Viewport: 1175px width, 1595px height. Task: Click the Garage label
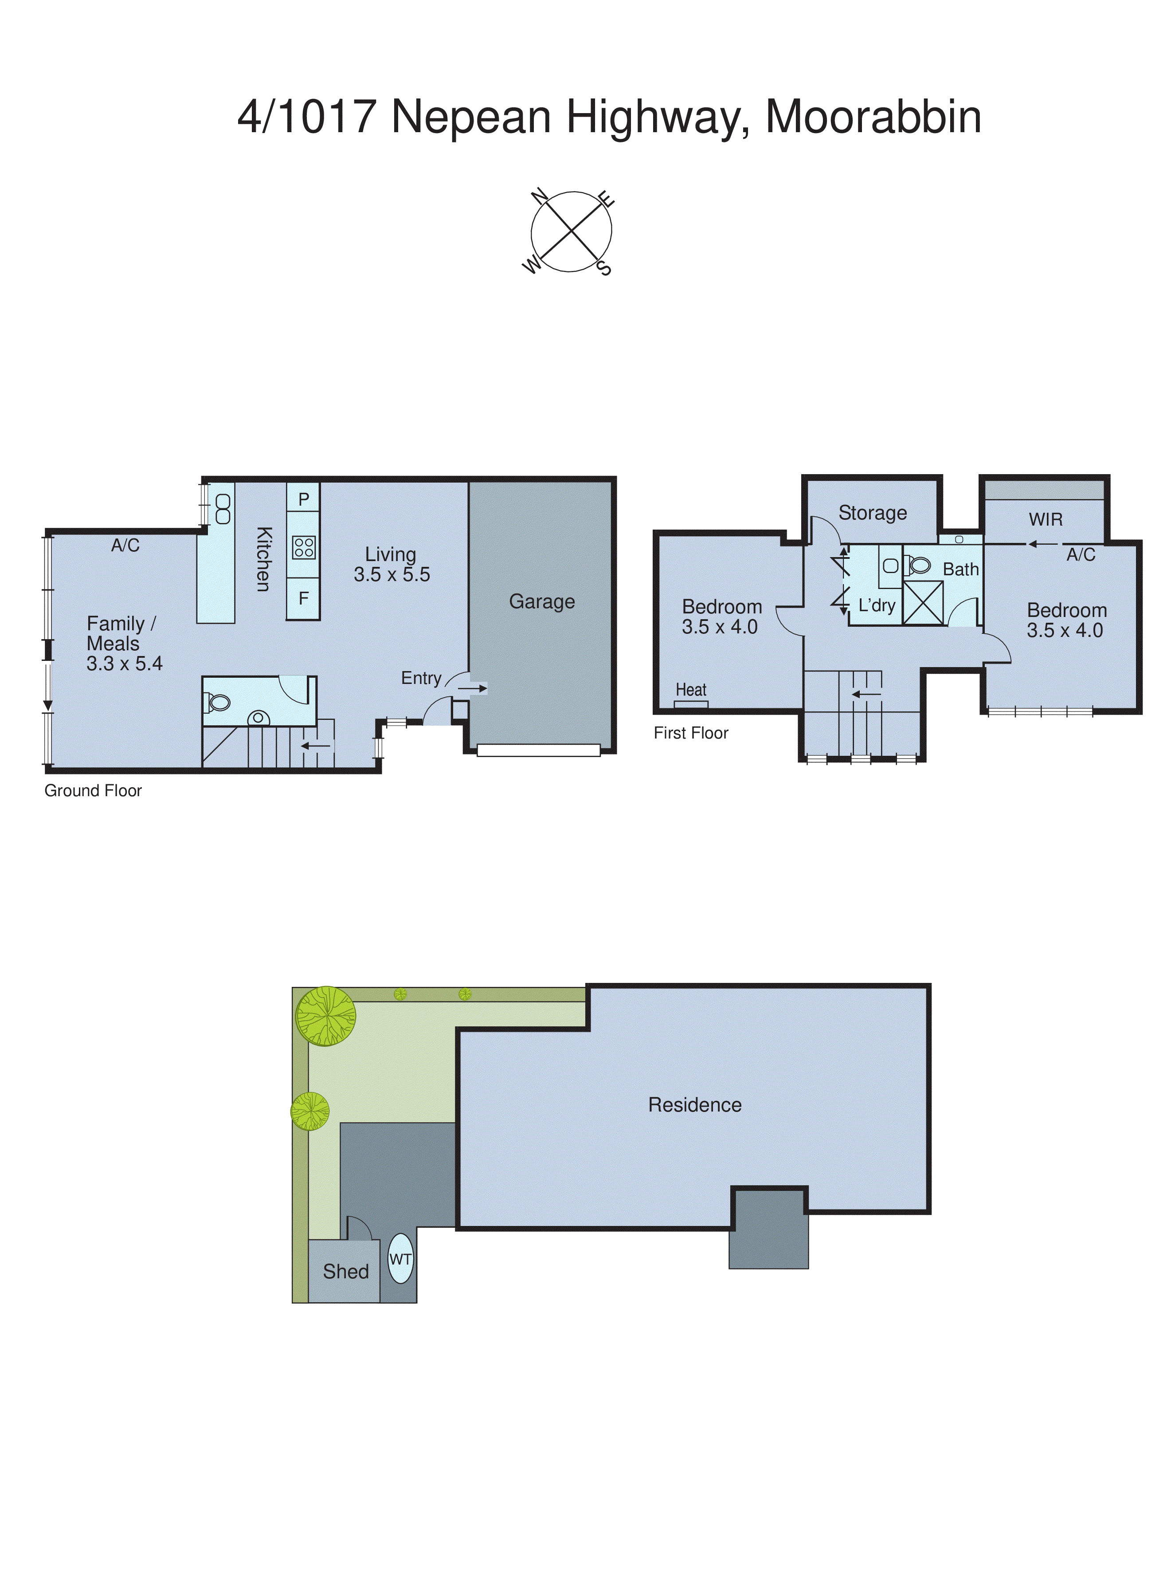[x=541, y=602]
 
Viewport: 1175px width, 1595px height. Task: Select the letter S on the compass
[x=604, y=268]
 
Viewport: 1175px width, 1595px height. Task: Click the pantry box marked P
[x=304, y=499]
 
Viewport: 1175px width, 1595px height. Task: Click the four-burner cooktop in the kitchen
[x=304, y=547]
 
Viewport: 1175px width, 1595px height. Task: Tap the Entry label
[x=421, y=678]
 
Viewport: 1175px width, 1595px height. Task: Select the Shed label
[x=346, y=1271]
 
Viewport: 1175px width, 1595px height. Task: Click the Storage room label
[x=872, y=513]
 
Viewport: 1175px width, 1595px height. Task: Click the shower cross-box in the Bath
[x=923, y=603]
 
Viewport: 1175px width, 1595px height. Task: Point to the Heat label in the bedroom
[x=691, y=689]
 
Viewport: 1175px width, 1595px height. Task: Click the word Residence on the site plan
[x=694, y=1105]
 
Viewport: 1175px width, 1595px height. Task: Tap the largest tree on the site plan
[x=326, y=1016]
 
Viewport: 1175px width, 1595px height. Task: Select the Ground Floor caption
[x=93, y=790]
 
